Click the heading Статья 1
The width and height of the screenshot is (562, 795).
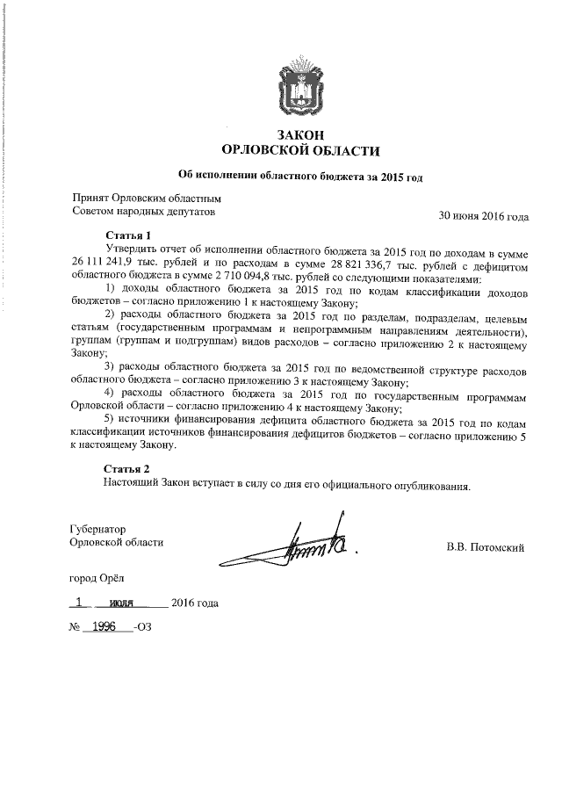pyautogui.click(x=128, y=235)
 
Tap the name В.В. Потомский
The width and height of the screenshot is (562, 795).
pyautogui.click(x=486, y=549)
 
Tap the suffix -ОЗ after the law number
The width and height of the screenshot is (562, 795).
pyautogui.click(x=140, y=630)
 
